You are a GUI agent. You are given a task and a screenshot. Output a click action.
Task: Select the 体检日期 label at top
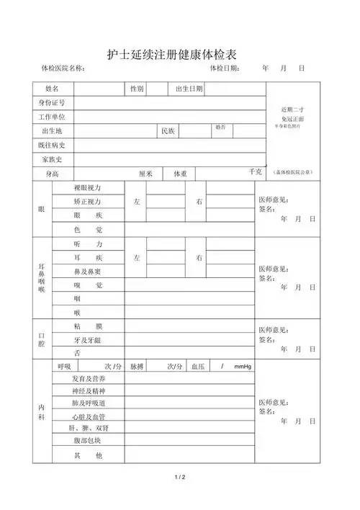point(225,68)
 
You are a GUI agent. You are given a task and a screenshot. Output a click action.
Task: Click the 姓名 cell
point(52,89)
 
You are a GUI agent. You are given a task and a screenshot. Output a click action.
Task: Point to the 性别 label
point(137,89)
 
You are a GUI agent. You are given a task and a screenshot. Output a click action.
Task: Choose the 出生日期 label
point(189,89)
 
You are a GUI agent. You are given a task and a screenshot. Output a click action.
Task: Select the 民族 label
point(168,131)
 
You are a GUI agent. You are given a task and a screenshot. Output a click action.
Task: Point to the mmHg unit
point(243,367)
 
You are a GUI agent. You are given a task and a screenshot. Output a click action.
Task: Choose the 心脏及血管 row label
point(89,416)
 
